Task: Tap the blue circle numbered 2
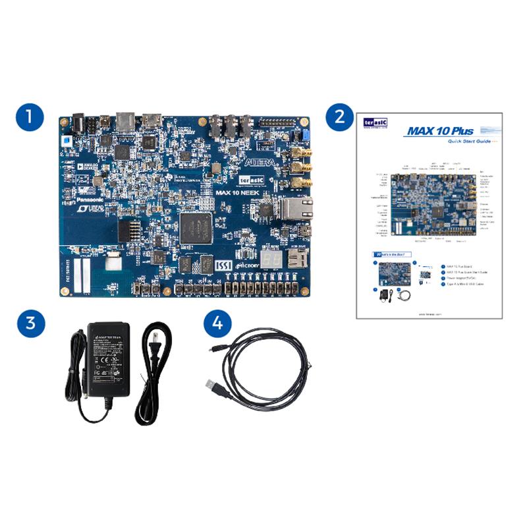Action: pos(340,117)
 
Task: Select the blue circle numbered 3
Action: pos(30,324)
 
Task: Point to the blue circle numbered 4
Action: pos(217,324)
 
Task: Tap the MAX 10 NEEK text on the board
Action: pos(240,193)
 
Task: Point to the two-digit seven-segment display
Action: pos(270,260)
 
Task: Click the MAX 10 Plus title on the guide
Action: pos(440,130)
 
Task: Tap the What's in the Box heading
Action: pos(394,254)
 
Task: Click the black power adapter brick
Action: pos(109,359)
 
